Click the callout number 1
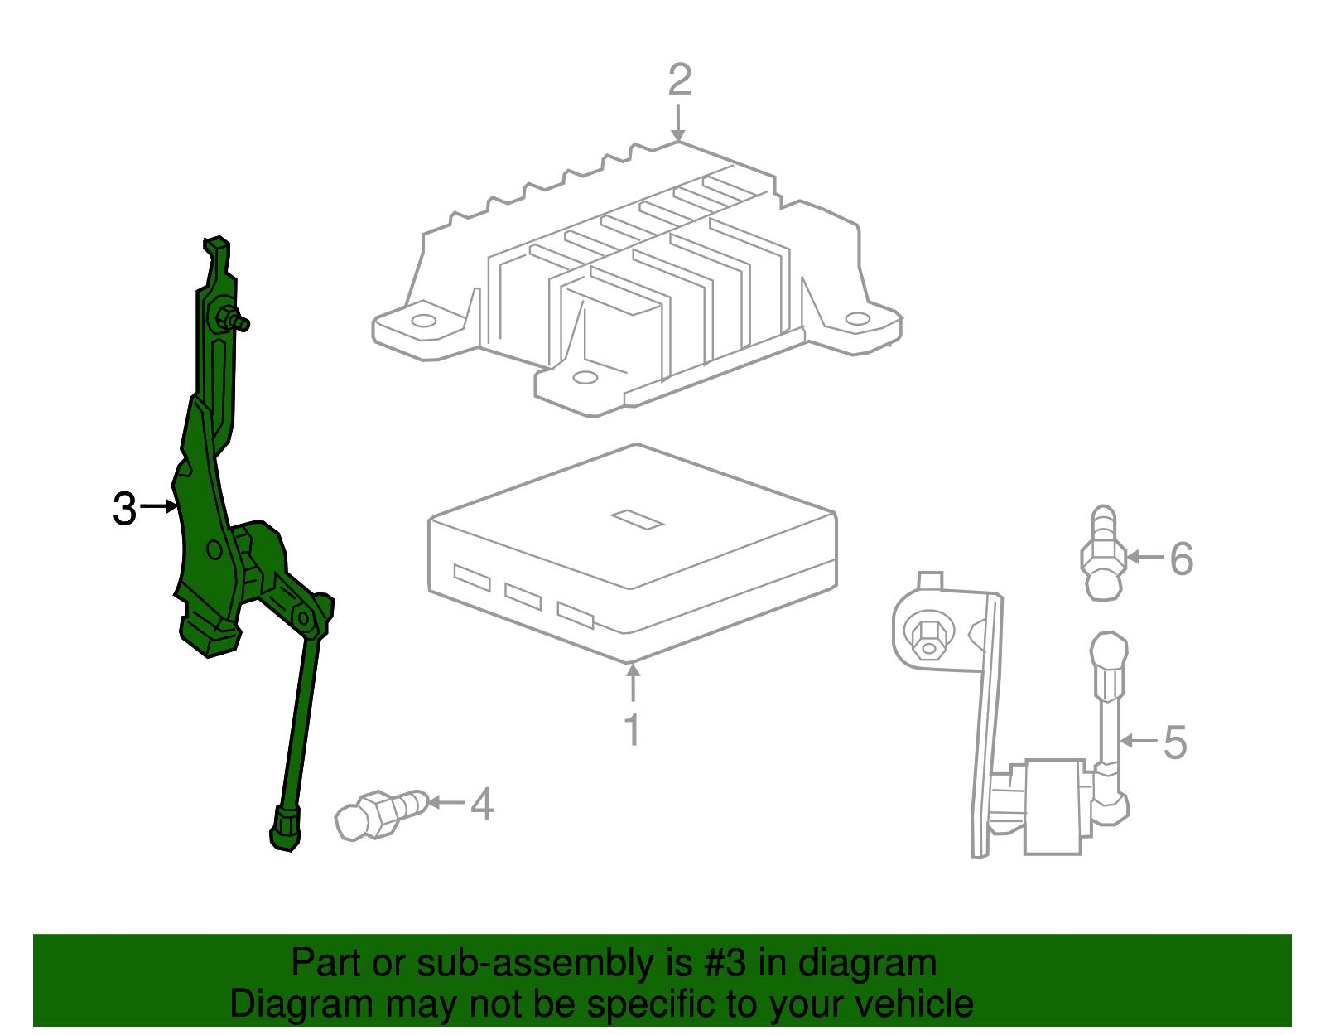click(632, 729)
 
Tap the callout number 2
click(680, 80)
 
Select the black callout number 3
click(124, 508)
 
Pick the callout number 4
click(482, 804)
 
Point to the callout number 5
click(1174, 742)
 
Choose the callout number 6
click(1182, 559)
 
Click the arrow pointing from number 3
click(159, 506)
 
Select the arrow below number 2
click(678, 123)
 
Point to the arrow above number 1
click(633, 683)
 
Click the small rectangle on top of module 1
click(637, 519)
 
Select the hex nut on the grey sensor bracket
click(927, 636)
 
